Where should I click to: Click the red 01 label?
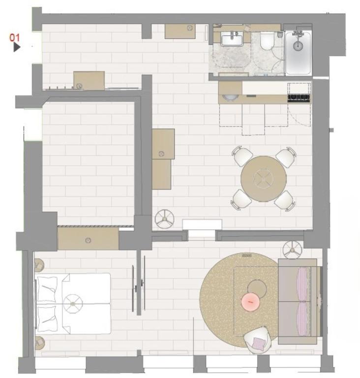[x=15, y=37]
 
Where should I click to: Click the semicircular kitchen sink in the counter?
[x=229, y=97]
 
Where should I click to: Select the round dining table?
[x=264, y=179]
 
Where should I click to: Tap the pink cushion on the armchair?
[x=258, y=339]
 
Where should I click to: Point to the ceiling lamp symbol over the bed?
[x=73, y=303]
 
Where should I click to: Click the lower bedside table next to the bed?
[x=39, y=342]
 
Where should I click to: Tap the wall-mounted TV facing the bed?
[x=133, y=288]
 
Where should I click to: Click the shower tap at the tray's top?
[x=297, y=34]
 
